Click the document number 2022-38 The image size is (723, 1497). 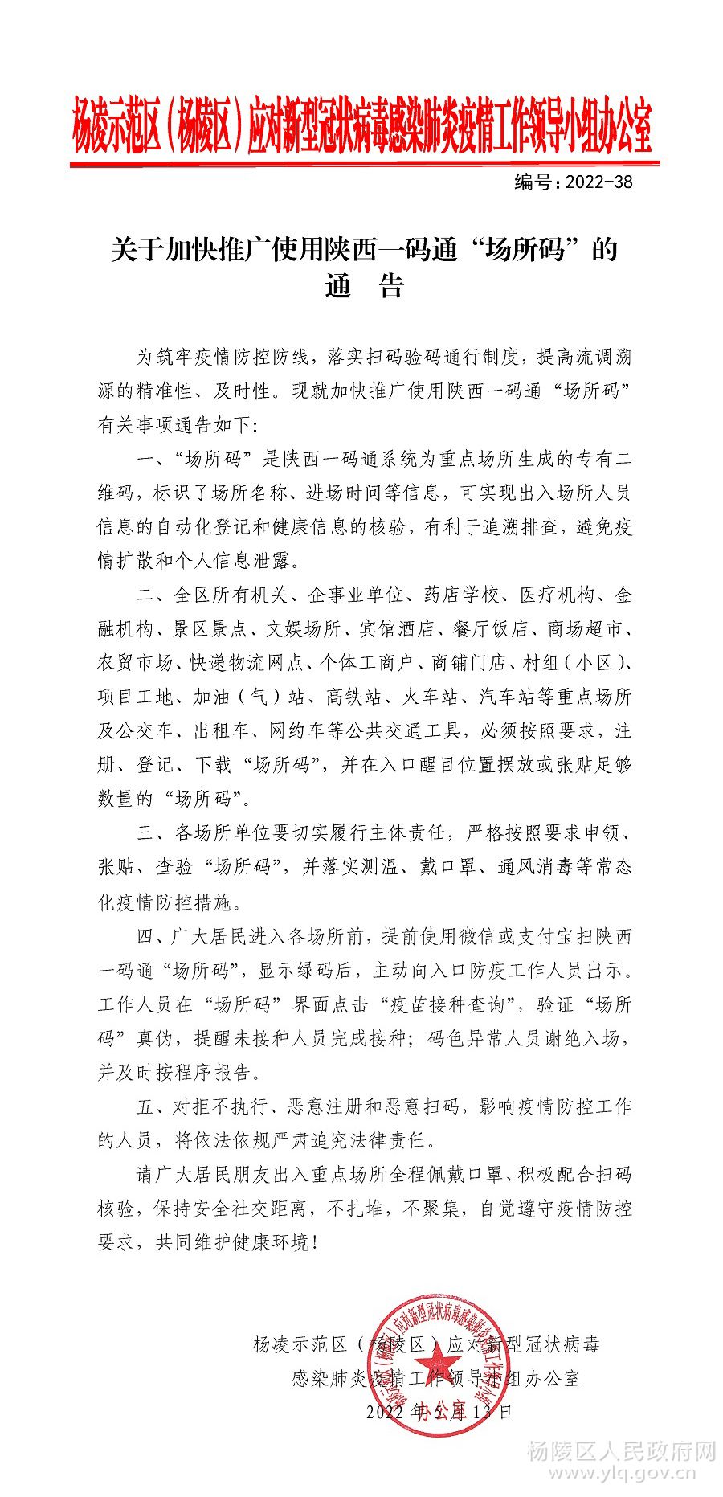click(599, 182)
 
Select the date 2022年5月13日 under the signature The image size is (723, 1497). click(439, 1412)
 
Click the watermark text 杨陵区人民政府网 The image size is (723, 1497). click(621, 1451)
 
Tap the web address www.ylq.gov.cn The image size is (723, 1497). click(622, 1474)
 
